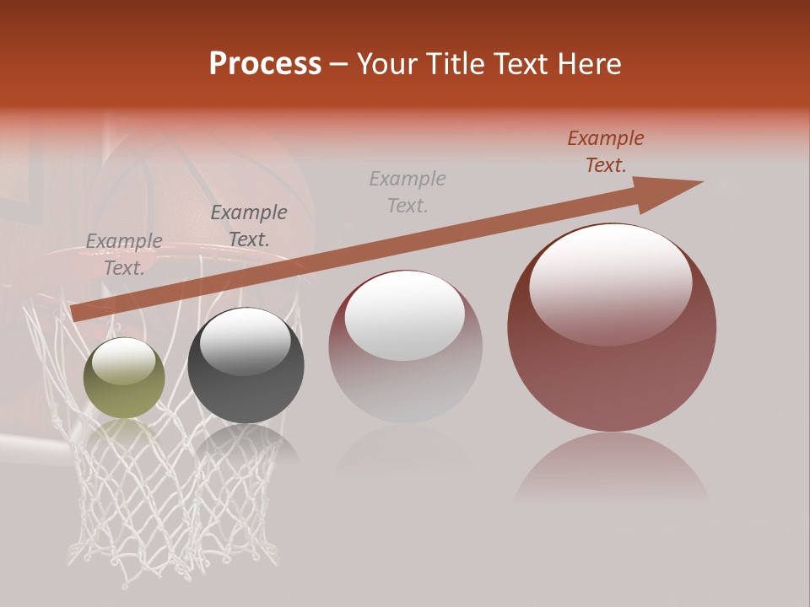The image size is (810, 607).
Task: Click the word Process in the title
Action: (265, 64)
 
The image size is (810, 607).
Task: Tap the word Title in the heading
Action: (456, 64)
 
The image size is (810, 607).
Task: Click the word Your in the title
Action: (388, 64)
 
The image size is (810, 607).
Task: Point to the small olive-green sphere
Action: (124, 379)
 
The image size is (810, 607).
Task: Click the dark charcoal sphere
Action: (246, 366)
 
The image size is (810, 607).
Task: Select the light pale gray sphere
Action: (405, 347)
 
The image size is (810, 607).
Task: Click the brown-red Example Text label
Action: (605, 152)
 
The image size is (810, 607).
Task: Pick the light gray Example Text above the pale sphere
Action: (408, 192)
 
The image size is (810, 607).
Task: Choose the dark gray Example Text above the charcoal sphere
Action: (249, 226)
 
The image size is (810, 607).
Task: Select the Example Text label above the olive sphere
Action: (124, 255)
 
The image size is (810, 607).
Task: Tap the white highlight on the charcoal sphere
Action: (245, 340)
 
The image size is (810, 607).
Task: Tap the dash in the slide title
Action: (339, 64)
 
